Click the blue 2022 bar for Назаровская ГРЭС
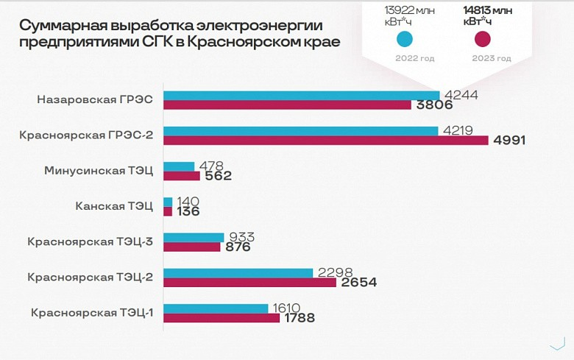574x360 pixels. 301,96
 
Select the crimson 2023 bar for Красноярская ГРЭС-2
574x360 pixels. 325,141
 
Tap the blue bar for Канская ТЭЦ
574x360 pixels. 168,202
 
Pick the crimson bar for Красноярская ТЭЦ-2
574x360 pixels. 249,283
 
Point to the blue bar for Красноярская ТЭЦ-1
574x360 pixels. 216,308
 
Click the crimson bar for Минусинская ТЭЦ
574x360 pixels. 181,176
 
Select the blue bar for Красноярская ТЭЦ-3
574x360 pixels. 193,238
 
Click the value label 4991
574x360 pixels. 509,141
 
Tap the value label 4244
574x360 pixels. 462,94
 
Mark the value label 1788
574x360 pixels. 300,319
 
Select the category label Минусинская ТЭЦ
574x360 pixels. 99,171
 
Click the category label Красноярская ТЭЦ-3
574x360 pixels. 90,241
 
